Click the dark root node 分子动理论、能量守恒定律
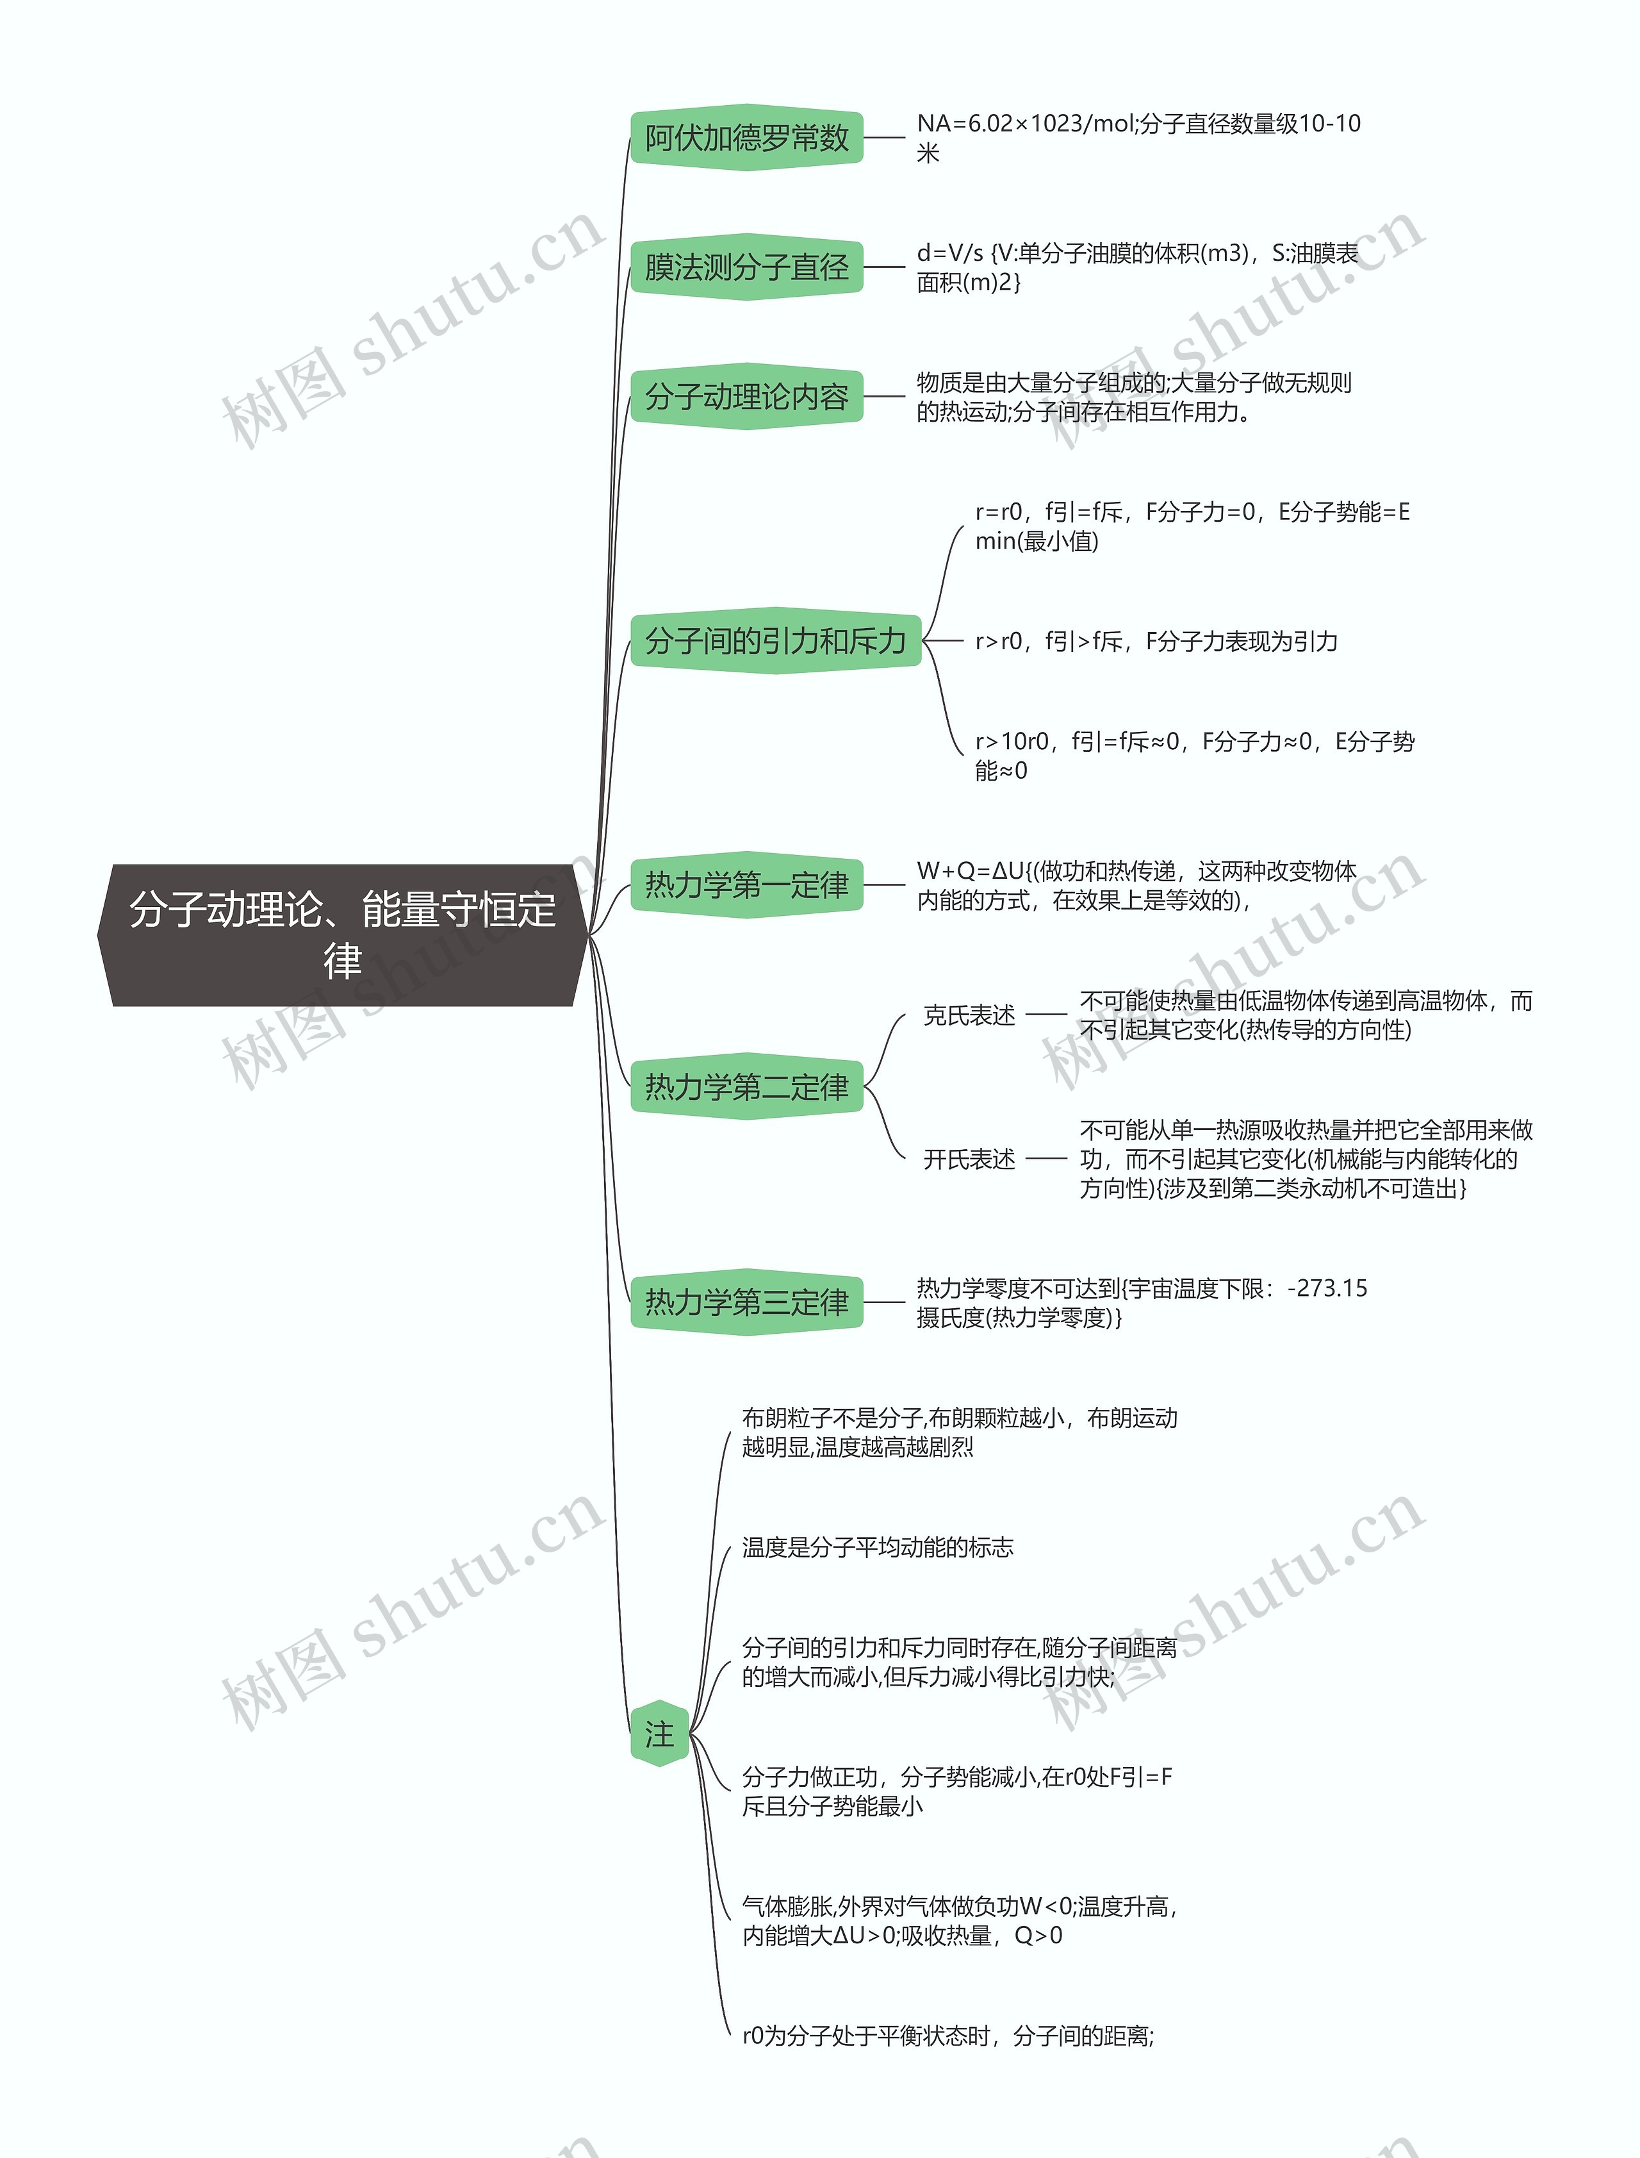[x=341, y=934]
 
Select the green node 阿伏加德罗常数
[x=747, y=138]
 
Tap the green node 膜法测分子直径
[x=747, y=267]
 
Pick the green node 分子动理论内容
[x=747, y=397]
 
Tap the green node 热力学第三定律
[x=747, y=1302]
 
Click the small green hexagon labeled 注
[x=660, y=1733]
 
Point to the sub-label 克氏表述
[x=969, y=1015]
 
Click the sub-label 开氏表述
[x=969, y=1159]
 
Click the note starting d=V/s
[x=1137, y=267]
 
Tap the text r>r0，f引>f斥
[x=1156, y=642]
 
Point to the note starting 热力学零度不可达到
[x=1141, y=1302]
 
